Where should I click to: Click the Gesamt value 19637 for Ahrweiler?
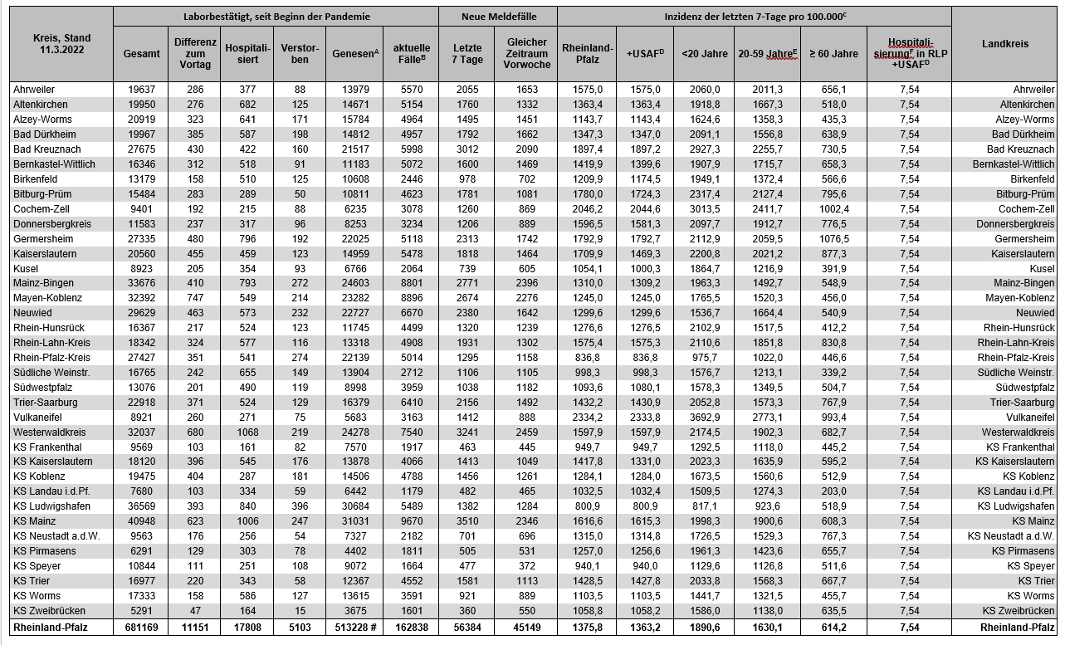pyautogui.click(x=142, y=90)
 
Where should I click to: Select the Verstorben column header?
pyautogui.click(x=300, y=53)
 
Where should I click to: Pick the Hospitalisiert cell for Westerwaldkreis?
pyautogui.click(x=247, y=432)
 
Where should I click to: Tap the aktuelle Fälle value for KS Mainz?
pyautogui.click(x=410, y=521)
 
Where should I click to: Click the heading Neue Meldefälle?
pyautogui.click(x=497, y=16)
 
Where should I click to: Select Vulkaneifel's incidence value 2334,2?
pyautogui.click(x=587, y=417)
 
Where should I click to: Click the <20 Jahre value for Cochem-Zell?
pyautogui.click(x=704, y=209)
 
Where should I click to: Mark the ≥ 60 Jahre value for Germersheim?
pyautogui.click(x=833, y=239)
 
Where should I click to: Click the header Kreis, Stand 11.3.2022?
pyautogui.click(x=61, y=44)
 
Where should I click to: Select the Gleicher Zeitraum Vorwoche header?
pyautogui.click(x=526, y=53)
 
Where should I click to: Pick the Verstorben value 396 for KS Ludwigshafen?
pyautogui.click(x=300, y=506)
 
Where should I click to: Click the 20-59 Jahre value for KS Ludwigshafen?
pyautogui.click(x=767, y=506)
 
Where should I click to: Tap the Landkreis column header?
pyautogui.click(x=1005, y=44)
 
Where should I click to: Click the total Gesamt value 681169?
pyautogui.click(x=142, y=627)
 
